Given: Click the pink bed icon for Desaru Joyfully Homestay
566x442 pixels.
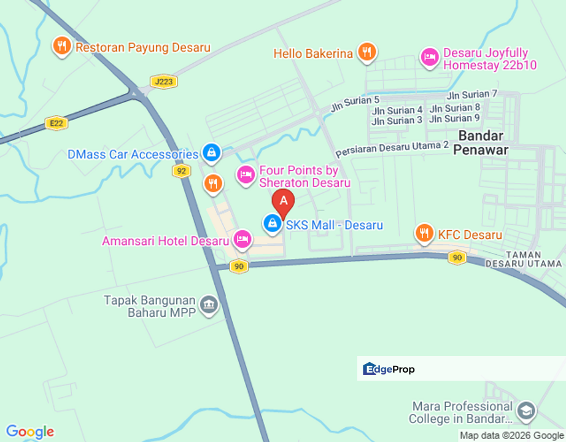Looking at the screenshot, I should click(429, 57).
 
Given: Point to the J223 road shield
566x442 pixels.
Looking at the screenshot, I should click(163, 82).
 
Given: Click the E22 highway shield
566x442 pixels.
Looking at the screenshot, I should click(56, 123).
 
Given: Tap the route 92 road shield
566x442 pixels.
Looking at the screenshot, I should click(180, 171).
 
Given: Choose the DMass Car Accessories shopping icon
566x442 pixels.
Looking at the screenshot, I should click(211, 153).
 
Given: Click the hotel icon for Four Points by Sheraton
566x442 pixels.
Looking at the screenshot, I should click(246, 174).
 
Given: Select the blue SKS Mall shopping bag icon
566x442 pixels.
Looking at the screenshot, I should click(271, 224).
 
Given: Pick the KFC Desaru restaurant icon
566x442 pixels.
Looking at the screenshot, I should click(424, 233).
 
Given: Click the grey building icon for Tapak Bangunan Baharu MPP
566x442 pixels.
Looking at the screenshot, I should click(209, 305).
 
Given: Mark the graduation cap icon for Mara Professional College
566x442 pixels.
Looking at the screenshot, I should click(526, 411).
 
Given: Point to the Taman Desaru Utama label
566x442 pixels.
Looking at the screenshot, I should click(524, 259).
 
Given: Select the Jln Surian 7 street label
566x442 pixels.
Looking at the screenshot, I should click(471, 95).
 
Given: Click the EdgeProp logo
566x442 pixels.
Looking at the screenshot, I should click(389, 369).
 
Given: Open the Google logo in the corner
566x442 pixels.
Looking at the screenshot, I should click(29, 432).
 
